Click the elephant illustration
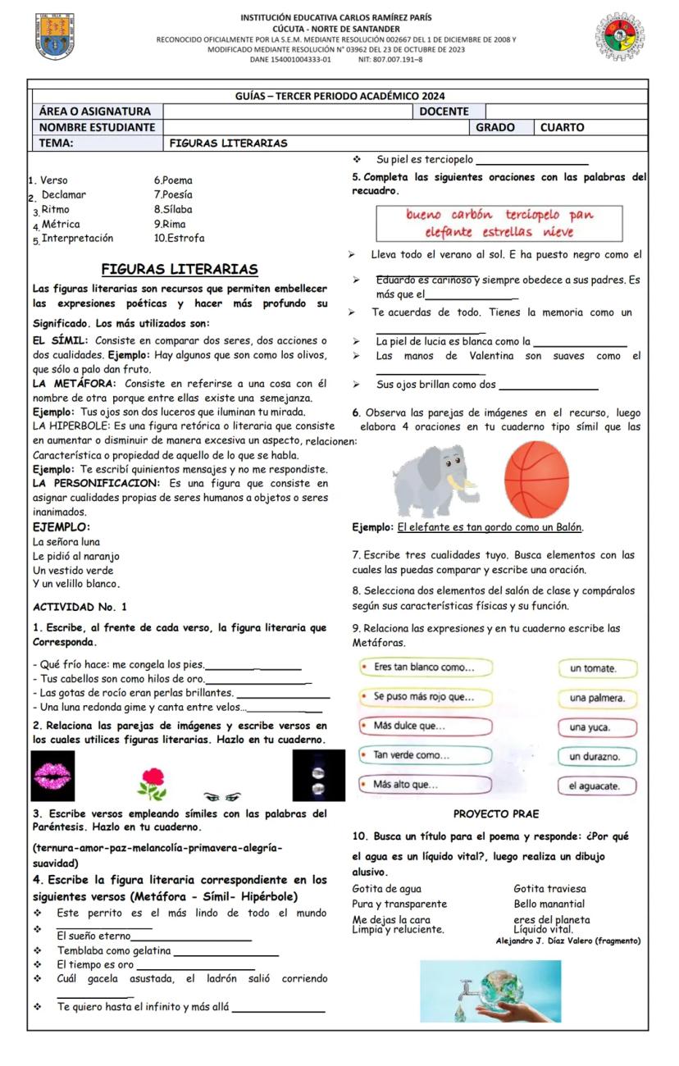point(435,480)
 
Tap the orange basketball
point(536,480)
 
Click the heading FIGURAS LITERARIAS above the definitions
point(180,270)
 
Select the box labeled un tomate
point(593,668)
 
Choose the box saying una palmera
point(597,698)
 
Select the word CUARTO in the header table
point(562,128)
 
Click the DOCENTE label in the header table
point(444,112)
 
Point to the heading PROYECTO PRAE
point(496,814)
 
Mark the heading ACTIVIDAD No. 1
point(75,608)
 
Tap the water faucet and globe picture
point(490,991)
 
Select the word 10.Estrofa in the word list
point(180,239)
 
